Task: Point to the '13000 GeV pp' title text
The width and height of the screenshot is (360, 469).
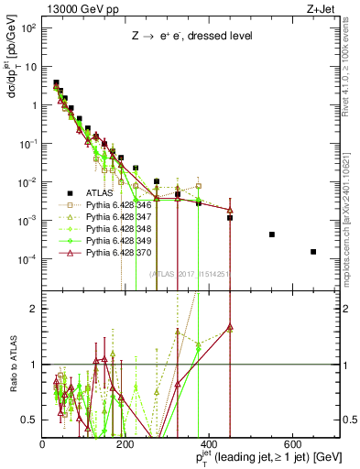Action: pos(75,8)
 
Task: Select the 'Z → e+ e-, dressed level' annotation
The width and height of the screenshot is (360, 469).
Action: pos(183,37)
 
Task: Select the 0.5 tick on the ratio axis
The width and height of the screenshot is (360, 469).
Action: pos(31,420)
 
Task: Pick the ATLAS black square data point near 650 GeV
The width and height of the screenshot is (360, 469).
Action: pos(313,252)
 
